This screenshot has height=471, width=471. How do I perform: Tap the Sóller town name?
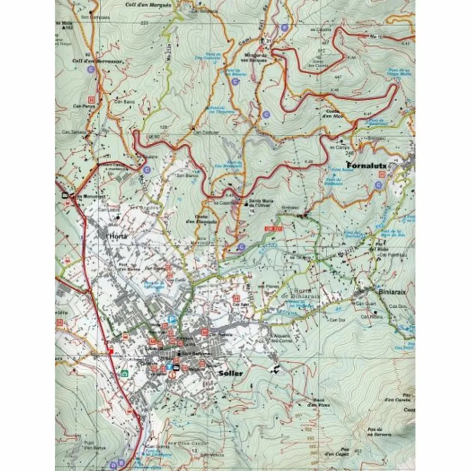(231, 373)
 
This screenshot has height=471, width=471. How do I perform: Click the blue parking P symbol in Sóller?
(172, 318)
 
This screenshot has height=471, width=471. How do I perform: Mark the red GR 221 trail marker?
(271, 228)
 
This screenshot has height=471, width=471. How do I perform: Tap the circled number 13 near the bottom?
(194, 451)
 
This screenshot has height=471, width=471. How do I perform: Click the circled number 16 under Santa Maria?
(252, 212)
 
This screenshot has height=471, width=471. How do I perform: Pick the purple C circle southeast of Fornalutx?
(378, 186)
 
